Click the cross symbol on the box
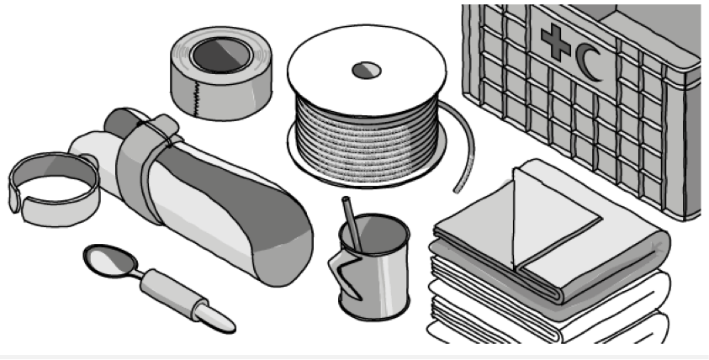555,43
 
